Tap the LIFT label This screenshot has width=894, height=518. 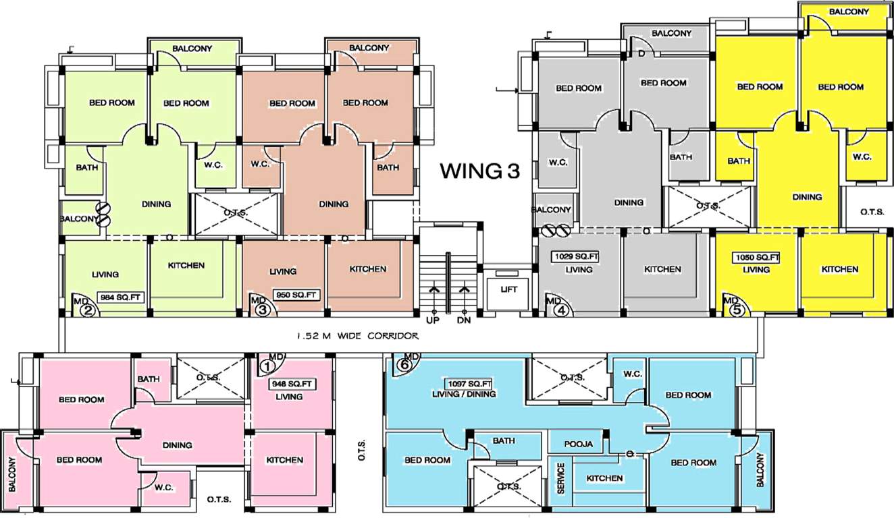[x=508, y=289]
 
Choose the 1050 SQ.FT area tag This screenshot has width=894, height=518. [x=756, y=258]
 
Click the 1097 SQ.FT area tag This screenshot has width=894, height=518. [x=463, y=383]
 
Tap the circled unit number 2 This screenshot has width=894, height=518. [x=88, y=311]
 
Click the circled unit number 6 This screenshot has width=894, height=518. [x=404, y=365]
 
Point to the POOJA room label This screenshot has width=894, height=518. [x=579, y=444]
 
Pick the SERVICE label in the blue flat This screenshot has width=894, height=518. [x=560, y=478]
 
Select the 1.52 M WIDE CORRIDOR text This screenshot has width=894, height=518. [x=358, y=335]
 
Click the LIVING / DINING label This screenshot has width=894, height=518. [x=463, y=395]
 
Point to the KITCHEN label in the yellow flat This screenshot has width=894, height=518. [x=840, y=269]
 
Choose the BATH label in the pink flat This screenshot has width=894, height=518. [x=149, y=379]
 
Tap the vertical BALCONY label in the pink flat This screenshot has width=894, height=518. [x=11, y=473]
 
